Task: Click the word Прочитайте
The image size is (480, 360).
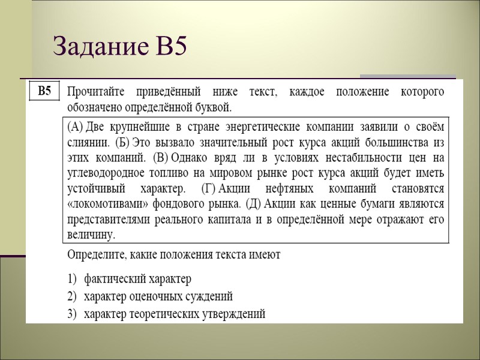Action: pos(101,92)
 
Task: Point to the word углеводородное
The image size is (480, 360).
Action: pos(105,173)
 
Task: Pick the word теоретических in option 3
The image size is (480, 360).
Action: pos(167,314)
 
